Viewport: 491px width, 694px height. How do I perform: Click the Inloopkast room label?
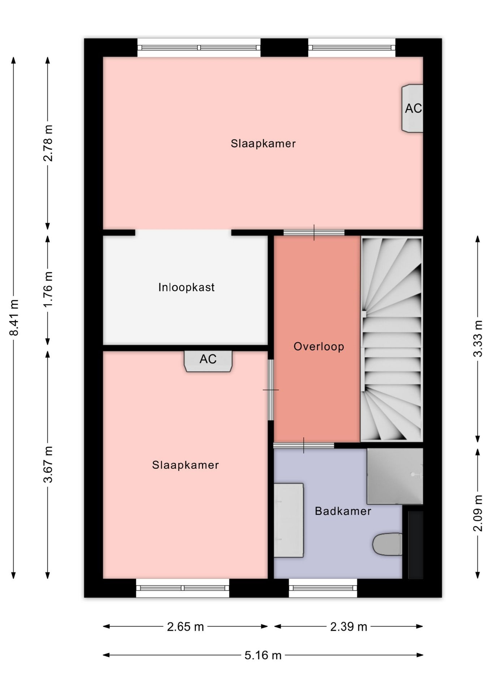pyautogui.click(x=186, y=287)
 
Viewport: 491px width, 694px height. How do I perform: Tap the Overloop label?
pyautogui.click(x=319, y=347)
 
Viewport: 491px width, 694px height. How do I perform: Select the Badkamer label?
pyautogui.click(x=343, y=511)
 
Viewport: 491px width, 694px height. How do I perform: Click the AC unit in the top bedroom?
pyautogui.click(x=413, y=108)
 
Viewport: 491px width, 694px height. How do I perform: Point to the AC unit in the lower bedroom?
pyautogui.click(x=208, y=361)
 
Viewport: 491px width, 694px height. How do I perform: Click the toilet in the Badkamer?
pyautogui.click(x=387, y=544)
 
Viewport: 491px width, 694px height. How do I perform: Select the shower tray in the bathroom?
pyautogui.click(x=395, y=476)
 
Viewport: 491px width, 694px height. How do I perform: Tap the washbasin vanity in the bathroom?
pyautogui.click(x=288, y=520)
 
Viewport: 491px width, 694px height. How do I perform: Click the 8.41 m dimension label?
pyautogui.click(x=14, y=318)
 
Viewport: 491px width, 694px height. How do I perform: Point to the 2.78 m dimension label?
pyautogui.click(x=48, y=143)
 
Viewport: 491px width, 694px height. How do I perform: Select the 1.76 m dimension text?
pyautogui.click(x=48, y=290)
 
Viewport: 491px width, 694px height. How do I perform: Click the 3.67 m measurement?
pyautogui.click(x=48, y=464)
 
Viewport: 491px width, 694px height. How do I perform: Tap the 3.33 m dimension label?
pyautogui.click(x=478, y=339)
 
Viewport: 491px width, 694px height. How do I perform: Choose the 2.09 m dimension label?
pyautogui.click(x=478, y=513)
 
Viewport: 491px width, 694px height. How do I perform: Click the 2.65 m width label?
pyautogui.click(x=185, y=626)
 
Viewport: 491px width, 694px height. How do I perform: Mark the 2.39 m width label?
pyautogui.click(x=349, y=626)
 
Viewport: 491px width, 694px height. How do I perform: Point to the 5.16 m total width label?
pyautogui.click(x=263, y=655)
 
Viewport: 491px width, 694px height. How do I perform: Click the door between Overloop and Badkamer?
pyautogui.click(x=304, y=445)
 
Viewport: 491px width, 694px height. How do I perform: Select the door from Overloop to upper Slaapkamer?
pyautogui.click(x=314, y=232)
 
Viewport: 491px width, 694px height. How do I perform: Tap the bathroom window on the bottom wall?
pyautogui.click(x=323, y=588)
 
